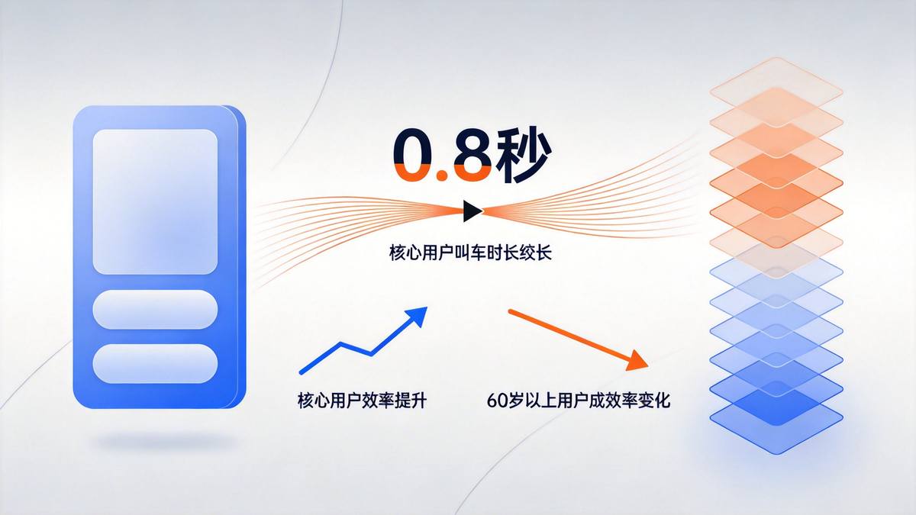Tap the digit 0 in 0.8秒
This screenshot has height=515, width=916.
(x=415, y=156)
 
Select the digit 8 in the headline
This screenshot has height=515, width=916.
(x=468, y=156)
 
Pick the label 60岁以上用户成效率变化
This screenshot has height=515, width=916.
(x=578, y=400)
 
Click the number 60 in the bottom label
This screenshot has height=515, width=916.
(x=495, y=400)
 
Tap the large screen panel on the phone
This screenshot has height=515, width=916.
(x=155, y=201)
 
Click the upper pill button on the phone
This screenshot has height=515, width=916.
(x=155, y=310)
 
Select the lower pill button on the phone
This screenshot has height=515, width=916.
(x=155, y=363)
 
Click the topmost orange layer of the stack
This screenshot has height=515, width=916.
(x=776, y=90)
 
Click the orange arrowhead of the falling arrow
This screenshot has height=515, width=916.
(x=637, y=361)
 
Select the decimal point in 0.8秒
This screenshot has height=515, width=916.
(x=442, y=175)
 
